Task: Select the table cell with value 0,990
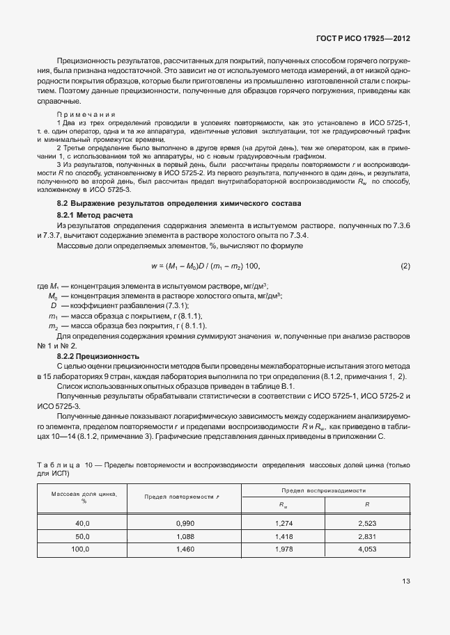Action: pos(187,522)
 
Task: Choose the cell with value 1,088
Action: pos(187,536)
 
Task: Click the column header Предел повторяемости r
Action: pos(187,497)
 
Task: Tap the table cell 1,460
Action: pos(187,549)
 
